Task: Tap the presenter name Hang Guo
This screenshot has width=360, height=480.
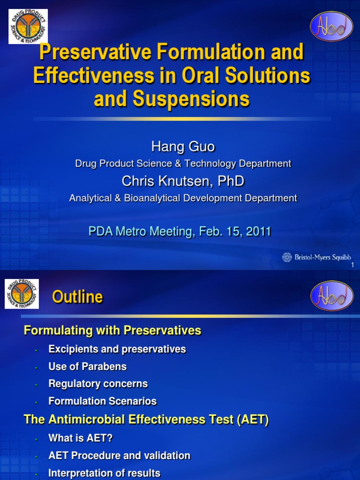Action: click(183, 147)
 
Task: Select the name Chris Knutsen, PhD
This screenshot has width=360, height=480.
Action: click(183, 181)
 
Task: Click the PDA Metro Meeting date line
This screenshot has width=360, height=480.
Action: click(180, 232)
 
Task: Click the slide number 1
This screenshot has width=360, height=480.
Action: click(352, 266)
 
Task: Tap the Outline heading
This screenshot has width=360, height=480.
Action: click(77, 297)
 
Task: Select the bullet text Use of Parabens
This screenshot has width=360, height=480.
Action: click(87, 366)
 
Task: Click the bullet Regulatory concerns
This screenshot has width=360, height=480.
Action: click(98, 383)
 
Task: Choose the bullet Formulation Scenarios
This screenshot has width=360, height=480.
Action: click(102, 401)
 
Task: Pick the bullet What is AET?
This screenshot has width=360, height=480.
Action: click(81, 438)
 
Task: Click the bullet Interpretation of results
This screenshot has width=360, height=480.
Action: click(104, 473)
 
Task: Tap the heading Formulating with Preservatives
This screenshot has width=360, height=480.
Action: click(112, 330)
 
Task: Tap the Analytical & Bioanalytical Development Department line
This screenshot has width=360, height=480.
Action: click(183, 198)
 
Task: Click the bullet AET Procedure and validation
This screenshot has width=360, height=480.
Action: click(119, 456)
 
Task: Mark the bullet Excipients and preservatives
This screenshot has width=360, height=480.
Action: click(117, 349)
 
